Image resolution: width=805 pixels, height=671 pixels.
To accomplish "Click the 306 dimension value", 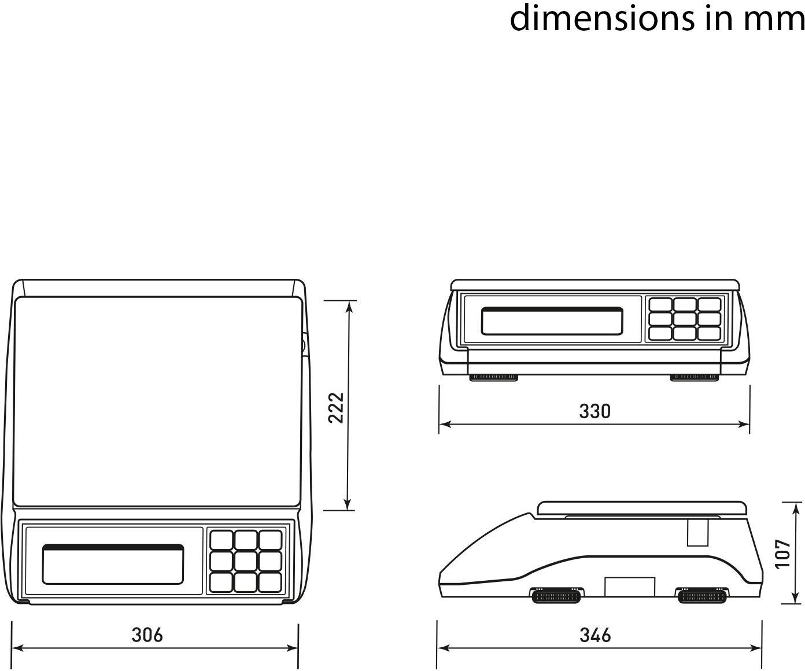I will [x=147, y=635].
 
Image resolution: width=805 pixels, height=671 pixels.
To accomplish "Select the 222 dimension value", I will [x=336, y=407].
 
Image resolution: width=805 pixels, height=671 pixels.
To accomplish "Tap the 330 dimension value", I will [x=594, y=411].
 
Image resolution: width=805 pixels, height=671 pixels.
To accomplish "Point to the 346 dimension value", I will [x=595, y=635].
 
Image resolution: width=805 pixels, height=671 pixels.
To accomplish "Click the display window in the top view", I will [x=113, y=564].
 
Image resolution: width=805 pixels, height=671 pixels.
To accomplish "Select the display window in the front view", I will [x=552, y=321].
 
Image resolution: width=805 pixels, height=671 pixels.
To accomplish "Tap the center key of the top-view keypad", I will [x=246, y=561].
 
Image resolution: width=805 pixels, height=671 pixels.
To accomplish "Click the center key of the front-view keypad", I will [x=685, y=319].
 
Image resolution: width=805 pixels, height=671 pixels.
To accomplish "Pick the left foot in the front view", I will [x=493, y=378].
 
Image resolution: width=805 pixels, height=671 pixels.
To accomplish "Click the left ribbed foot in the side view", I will [x=556, y=596].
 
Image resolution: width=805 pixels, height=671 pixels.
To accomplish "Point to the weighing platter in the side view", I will [x=642, y=508].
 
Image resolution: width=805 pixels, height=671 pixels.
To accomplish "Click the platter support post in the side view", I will [x=697, y=532].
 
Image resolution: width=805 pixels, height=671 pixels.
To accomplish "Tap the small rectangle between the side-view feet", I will [x=630, y=587].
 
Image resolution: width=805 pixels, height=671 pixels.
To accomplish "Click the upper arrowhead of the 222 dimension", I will [x=349, y=306].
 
